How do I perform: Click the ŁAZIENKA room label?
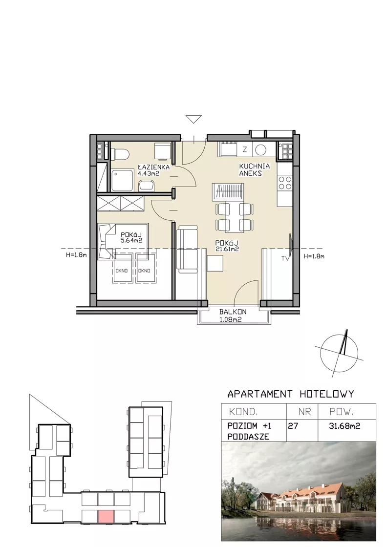click(153, 167)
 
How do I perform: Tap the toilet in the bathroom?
click(120, 154)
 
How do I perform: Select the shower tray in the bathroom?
click(122, 180)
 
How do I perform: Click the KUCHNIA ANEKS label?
click(255, 169)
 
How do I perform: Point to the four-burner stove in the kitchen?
click(285, 183)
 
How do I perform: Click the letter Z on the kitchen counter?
click(245, 149)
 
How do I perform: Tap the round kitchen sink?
click(260, 150)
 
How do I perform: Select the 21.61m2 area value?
click(227, 249)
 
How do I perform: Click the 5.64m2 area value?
click(131, 240)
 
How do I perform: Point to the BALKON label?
click(233, 312)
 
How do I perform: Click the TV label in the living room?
click(285, 259)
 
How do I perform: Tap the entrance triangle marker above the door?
click(193, 119)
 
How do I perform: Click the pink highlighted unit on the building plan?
click(106, 516)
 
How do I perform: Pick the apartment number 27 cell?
click(293, 426)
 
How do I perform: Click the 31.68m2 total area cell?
click(344, 426)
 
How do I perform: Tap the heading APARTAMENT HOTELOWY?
click(291, 394)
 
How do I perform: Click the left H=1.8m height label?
click(76, 255)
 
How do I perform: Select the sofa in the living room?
click(187, 249)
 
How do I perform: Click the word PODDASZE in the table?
click(248, 437)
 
